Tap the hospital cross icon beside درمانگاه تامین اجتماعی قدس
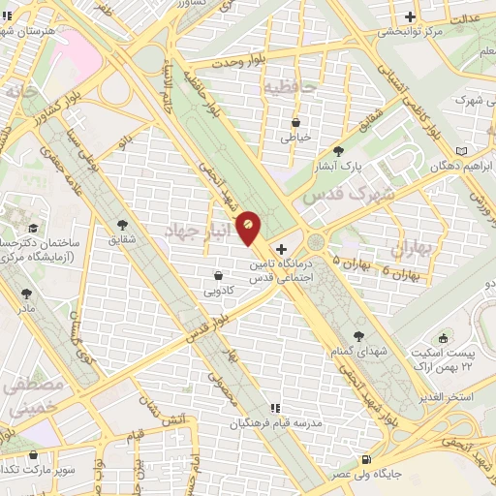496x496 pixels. pyautogui.click(x=282, y=249)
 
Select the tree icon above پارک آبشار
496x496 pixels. pyautogui.click(x=338, y=151)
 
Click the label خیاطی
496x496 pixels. pyautogui.click(x=296, y=137)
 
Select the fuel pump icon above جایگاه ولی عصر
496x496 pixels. pyautogui.click(x=365, y=459)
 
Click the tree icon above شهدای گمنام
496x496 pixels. pyautogui.click(x=359, y=336)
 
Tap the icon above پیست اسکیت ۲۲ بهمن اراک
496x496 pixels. pyautogui.click(x=444, y=338)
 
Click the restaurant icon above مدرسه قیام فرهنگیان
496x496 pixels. pyautogui.click(x=275, y=409)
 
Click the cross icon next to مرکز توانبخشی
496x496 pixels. pyautogui.click(x=411, y=16)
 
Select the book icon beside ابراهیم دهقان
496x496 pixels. pyautogui.click(x=460, y=150)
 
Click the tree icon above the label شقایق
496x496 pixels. pyautogui.click(x=121, y=223)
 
